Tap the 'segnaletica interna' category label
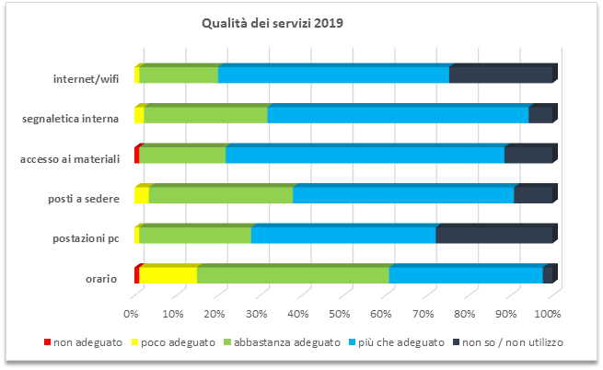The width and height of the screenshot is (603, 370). coord(70,118)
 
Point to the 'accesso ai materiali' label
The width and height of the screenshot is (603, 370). coord(70,158)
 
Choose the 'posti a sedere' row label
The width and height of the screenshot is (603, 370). coord(83,199)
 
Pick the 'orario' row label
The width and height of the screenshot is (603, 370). coord(99,279)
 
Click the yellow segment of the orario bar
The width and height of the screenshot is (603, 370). coord(168,275)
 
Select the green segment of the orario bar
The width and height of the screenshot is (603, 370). coord(293,275)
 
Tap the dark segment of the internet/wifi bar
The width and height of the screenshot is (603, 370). coord(500,75)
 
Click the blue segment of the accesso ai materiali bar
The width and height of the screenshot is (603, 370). coord(365,156)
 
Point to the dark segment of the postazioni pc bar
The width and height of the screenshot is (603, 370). coord(493,236)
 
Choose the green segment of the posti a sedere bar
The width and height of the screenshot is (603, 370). coord(221,195)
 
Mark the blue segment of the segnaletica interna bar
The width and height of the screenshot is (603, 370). coord(398,115)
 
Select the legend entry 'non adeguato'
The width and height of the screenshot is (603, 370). coord(83,341)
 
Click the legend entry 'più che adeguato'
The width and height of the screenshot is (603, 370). coord(400,341)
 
